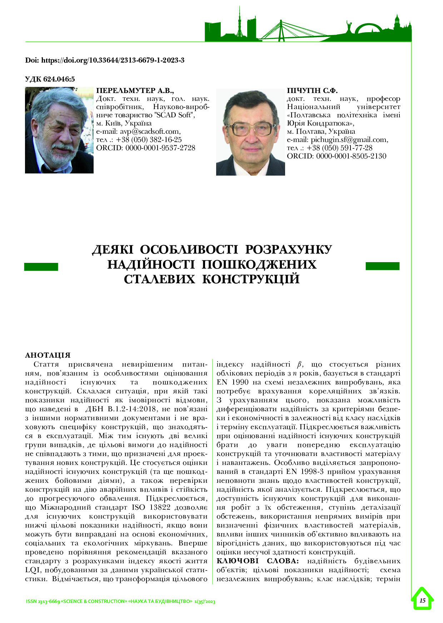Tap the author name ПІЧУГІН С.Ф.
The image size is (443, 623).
click(x=312, y=90)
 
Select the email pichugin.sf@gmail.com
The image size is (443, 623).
click(x=349, y=139)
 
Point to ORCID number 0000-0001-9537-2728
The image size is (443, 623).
click(x=160, y=148)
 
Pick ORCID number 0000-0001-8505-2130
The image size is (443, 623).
click(x=351, y=156)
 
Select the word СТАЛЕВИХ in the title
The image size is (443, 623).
click(x=159, y=279)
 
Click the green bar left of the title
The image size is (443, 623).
click(x=41, y=266)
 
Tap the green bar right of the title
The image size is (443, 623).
click(x=382, y=266)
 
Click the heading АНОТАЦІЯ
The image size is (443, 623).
click(x=48, y=355)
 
